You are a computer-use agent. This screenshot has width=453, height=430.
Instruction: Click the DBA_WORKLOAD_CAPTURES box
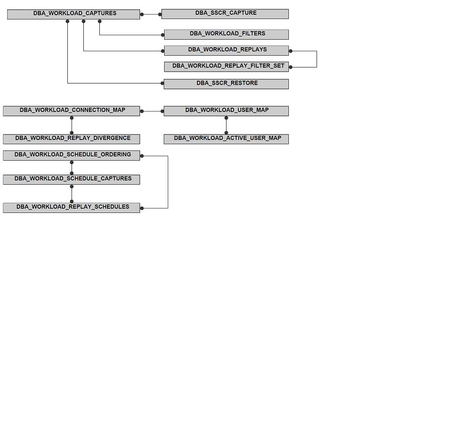tap(73, 14)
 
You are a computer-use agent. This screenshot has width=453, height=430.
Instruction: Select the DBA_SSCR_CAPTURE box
tap(225, 14)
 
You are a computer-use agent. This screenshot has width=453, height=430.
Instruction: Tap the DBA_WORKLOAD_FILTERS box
tap(226, 35)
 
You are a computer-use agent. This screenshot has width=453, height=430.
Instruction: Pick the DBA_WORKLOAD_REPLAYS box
tap(226, 50)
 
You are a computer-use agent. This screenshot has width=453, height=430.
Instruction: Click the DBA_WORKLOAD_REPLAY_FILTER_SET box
tap(226, 67)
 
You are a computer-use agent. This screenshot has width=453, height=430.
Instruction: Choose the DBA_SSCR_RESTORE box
tap(226, 84)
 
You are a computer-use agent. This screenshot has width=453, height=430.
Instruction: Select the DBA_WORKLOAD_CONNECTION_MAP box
tap(71, 111)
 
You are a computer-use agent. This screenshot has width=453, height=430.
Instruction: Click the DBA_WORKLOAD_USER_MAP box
tap(226, 111)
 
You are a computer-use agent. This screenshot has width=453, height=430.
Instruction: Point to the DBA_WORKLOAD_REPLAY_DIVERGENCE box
tap(71, 139)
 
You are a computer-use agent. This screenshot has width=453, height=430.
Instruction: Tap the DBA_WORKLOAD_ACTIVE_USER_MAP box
tap(226, 139)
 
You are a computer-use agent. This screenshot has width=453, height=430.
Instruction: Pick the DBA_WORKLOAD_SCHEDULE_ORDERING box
tap(71, 156)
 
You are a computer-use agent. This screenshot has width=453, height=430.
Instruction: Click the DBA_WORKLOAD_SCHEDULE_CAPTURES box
tap(71, 180)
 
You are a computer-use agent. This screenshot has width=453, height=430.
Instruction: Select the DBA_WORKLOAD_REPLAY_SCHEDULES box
tap(71, 208)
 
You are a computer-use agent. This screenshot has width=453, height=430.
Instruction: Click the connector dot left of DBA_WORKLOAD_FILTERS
tap(163, 35)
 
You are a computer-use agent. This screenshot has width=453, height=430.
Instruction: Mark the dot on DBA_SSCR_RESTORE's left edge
tap(163, 83)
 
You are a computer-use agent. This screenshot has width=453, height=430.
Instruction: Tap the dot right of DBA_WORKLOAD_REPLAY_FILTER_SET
tap(290, 67)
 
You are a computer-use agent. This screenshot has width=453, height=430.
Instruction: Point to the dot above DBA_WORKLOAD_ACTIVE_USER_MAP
tap(226, 133)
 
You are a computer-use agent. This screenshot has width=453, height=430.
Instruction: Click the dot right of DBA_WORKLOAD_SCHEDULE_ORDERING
tap(142, 156)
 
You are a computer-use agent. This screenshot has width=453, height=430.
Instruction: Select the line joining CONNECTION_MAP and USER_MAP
tap(152, 111)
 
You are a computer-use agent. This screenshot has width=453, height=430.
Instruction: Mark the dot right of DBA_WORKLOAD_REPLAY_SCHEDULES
tap(142, 208)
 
